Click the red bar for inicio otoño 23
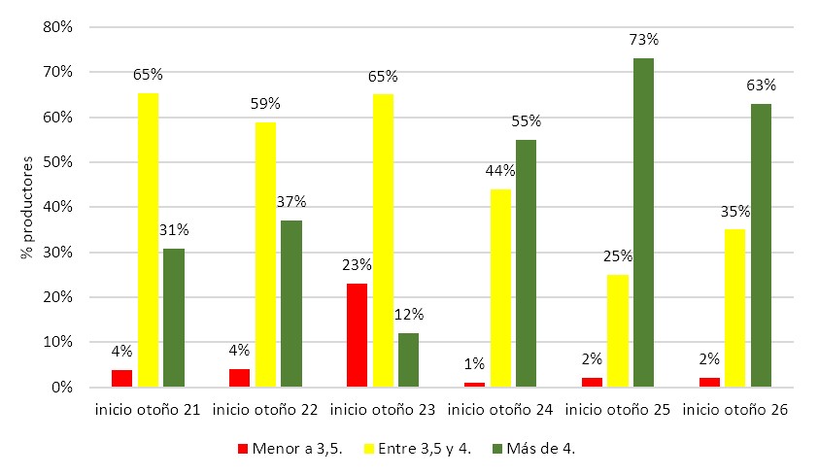point(358,335)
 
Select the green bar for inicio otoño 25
point(643,222)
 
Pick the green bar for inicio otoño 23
point(408,359)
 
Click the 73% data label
point(643,40)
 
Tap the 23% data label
point(358,264)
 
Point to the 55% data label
point(526,121)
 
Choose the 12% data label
point(408,314)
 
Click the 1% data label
point(475,364)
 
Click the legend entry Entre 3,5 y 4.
point(419,449)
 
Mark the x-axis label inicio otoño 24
point(500,411)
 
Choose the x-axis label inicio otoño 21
point(148,411)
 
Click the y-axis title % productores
point(26,207)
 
